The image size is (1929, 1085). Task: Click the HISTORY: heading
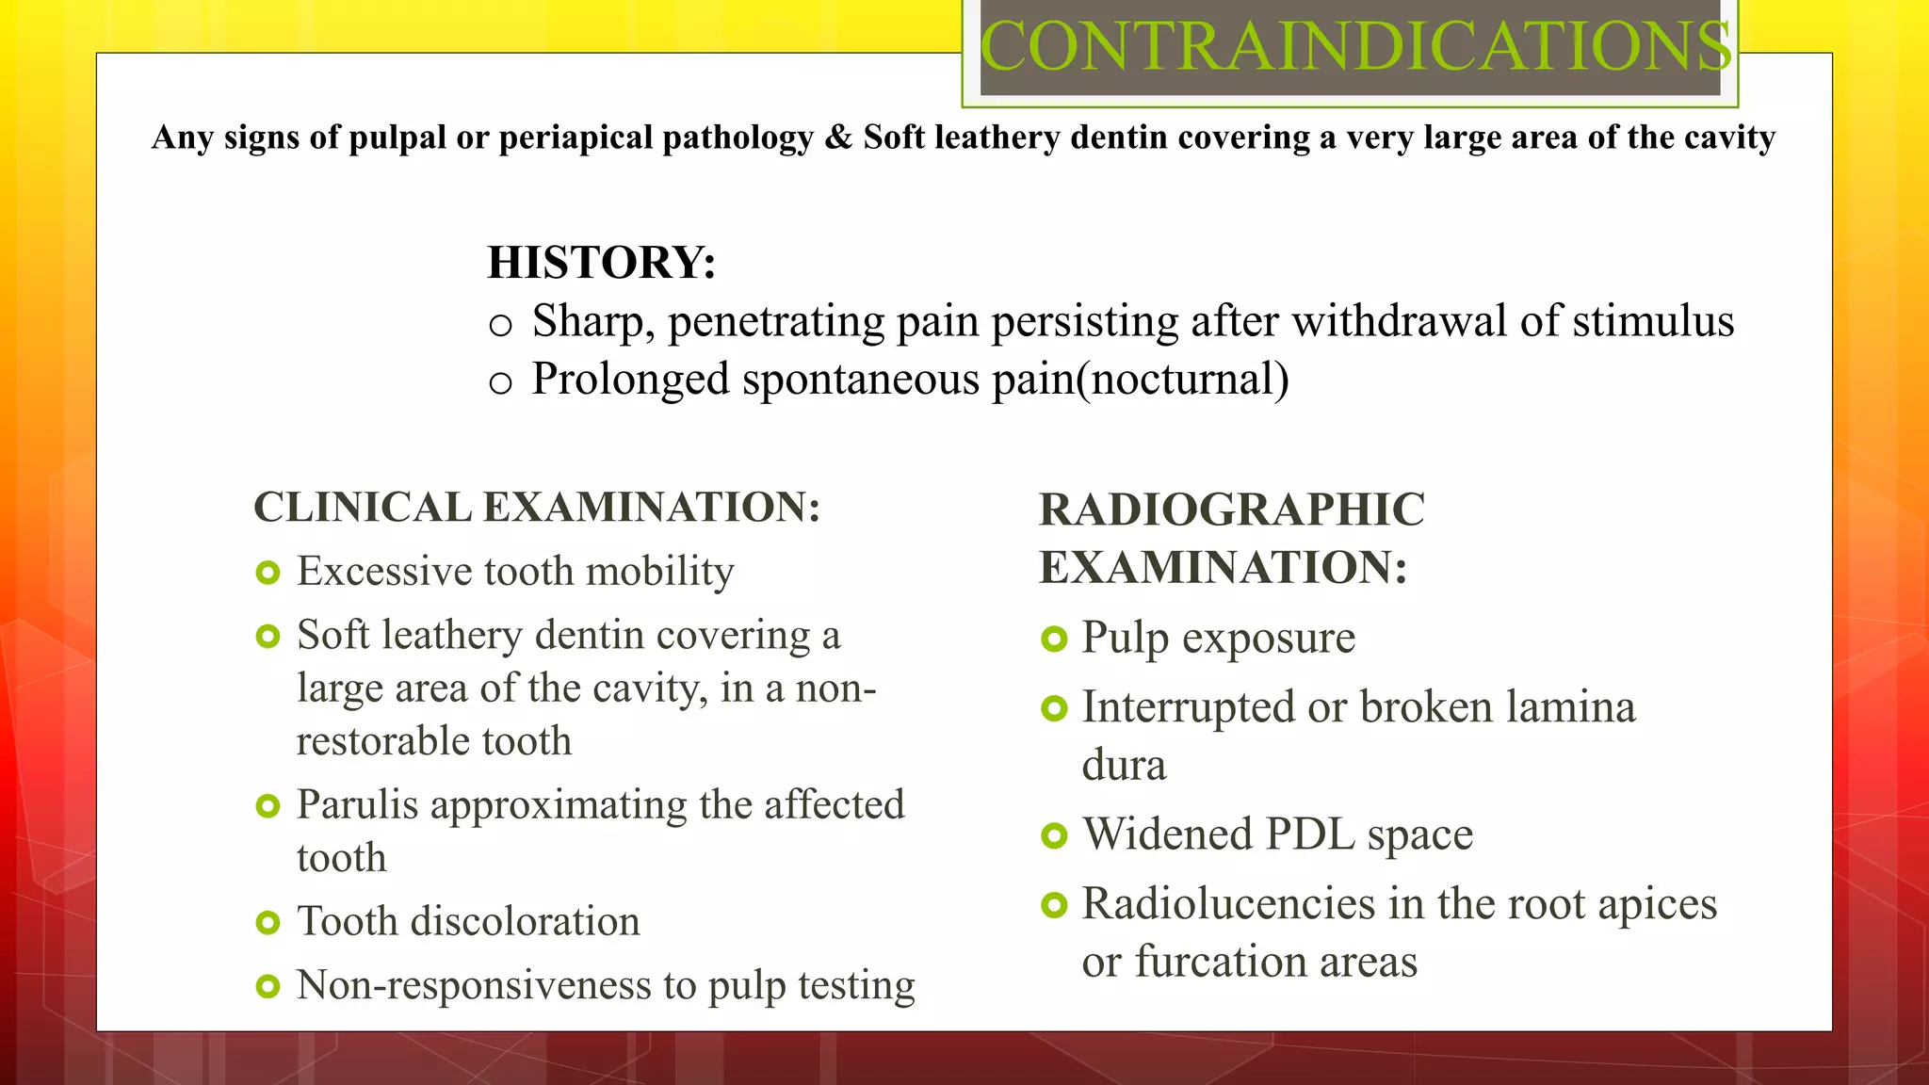coord(602,263)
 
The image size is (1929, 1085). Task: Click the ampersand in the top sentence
coord(837,138)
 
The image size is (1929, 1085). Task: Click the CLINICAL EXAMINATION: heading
coord(537,508)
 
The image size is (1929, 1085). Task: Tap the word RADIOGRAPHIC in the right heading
coord(1232,510)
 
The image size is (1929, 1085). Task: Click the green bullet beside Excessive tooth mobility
coord(268,573)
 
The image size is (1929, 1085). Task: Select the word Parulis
coord(357,805)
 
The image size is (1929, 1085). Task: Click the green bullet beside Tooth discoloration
coord(268,923)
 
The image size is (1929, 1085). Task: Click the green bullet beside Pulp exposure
coord(1054,640)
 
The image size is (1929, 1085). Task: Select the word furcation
coord(1219,963)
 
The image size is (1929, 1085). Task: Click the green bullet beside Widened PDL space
coord(1054,836)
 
